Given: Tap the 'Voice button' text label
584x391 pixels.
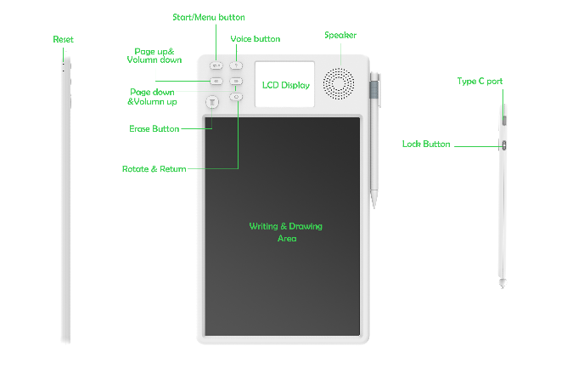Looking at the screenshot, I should [255, 39].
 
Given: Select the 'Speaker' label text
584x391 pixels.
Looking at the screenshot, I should [340, 35].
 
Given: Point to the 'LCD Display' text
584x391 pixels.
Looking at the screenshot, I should [285, 85].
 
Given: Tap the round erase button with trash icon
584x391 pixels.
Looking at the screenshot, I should [213, 102].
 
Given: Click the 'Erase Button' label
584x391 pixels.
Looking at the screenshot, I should [154, 129].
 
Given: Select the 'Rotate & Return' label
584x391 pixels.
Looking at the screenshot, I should [154, 169].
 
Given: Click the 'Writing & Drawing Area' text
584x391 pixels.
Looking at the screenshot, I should [285, 232].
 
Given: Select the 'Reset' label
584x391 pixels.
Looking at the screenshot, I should [63, 40].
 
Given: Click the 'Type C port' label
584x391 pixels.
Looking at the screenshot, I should [480, 82].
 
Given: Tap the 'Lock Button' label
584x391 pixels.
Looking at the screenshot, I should [426, 144].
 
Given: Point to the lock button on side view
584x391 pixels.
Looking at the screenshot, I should [504, 145].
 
